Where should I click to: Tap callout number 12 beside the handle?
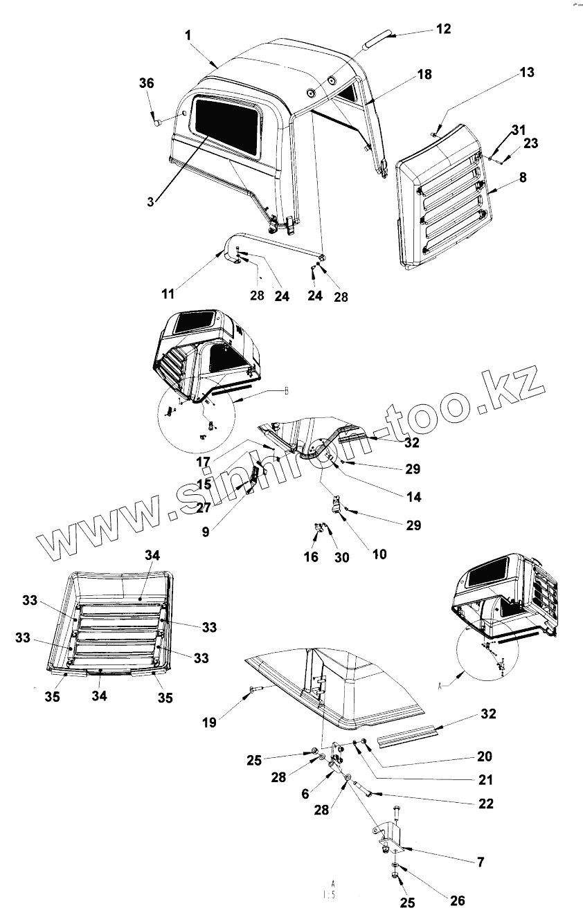[x=443, y=29]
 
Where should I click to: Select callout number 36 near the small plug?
[x=146, y=83]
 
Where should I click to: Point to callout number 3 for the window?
[x=150, y=201]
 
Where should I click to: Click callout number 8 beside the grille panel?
[x=522, y=178]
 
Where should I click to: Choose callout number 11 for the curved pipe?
[x=168, y=293]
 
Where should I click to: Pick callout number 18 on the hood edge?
[x=424, y=75]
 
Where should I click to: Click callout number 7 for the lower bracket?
[x=480, y=862]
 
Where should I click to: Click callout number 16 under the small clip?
[x=311, y=556]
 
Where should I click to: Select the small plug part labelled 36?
[x=159, y=123]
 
